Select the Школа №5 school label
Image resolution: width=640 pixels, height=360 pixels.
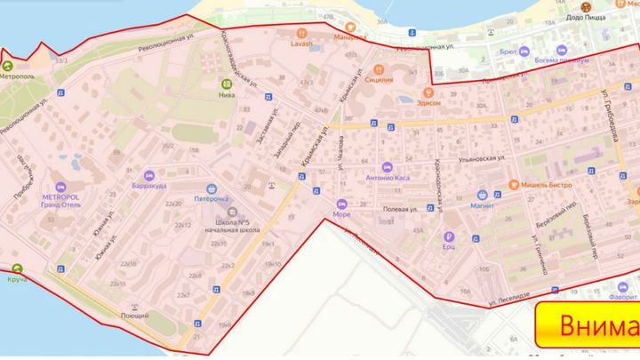point(231,223)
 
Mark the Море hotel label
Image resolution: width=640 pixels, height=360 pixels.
point(341,214)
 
